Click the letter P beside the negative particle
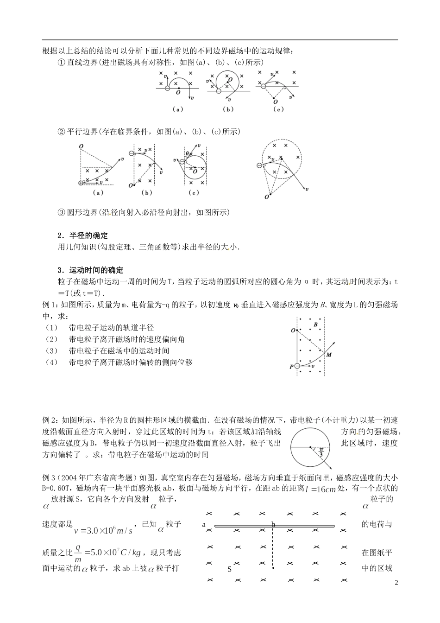(291, 367)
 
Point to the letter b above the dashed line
(273, 524)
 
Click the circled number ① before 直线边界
(60, 62)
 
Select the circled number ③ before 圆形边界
(60, 212)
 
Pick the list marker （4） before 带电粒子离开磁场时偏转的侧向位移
(51, 362)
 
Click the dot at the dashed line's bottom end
(273, 568)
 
